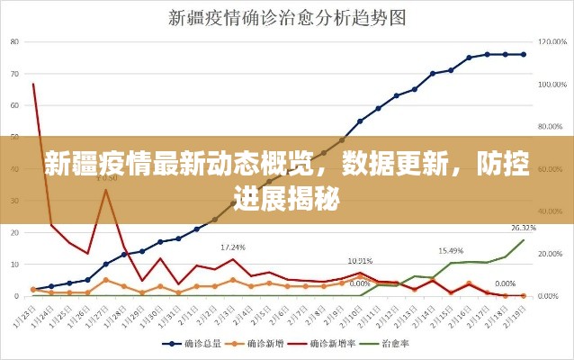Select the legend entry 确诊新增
click(x=263, y=344)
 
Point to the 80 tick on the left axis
click(x=15, y=41)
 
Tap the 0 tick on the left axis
click(x=18, y=295)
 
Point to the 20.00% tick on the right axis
click(x=549, y=253)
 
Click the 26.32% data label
click(x=524, y=228)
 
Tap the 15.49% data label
click(x=451, y=250)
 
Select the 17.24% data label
click(x=234, y=247)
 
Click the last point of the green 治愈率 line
click(x=524, y=240)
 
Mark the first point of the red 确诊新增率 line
click(x=33, y=85)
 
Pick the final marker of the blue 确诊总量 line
click(x=524, y=54)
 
